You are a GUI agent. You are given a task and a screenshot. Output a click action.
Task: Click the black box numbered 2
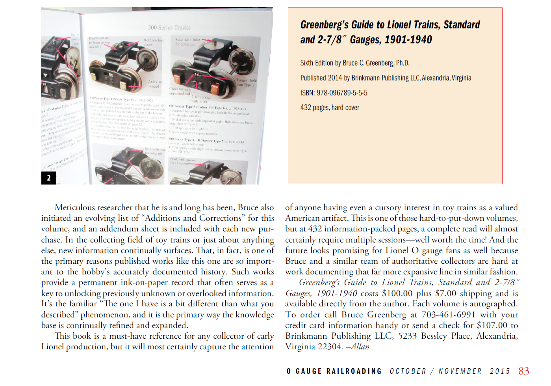[48, 178]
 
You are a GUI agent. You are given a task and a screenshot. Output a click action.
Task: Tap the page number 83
[523, 371]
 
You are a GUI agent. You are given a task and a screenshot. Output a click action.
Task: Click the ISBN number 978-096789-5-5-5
[342, 93]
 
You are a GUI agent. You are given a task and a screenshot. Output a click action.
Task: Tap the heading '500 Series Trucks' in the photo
[169, 28]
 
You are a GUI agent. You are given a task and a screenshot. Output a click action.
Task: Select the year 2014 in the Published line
[334, 78]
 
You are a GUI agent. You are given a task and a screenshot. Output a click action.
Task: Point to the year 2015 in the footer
[500, 371]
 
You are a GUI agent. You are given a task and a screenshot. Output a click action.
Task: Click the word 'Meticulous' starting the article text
[75, 207]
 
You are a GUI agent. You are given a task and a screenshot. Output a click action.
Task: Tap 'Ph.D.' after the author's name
[403, 63]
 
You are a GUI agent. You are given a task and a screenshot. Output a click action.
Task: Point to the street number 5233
[407, 336]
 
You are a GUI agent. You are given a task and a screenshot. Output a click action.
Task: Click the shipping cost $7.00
[445, 293]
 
